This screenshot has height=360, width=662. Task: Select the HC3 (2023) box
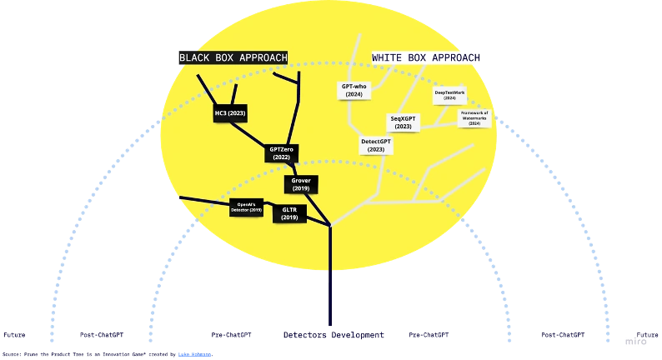pos(230,112)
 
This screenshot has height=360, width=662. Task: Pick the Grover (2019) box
pos(301,184)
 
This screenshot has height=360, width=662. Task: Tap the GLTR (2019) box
pos(289,214)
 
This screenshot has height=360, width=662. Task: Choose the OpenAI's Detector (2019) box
pos(246,207)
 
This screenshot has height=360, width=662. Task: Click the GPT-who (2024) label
pos(354,90)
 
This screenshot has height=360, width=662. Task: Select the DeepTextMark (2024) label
pos(449,95)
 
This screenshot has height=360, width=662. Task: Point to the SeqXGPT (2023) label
pos(404,122)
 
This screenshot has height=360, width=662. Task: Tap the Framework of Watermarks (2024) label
pos(474,117)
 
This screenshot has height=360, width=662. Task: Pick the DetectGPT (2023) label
pos(376,146)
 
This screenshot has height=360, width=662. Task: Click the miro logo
pos(636,342)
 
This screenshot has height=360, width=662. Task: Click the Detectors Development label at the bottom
pos(334,335)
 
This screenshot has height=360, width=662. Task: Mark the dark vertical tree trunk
pos(330,275)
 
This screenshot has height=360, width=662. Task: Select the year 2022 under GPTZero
pos(281,157)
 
